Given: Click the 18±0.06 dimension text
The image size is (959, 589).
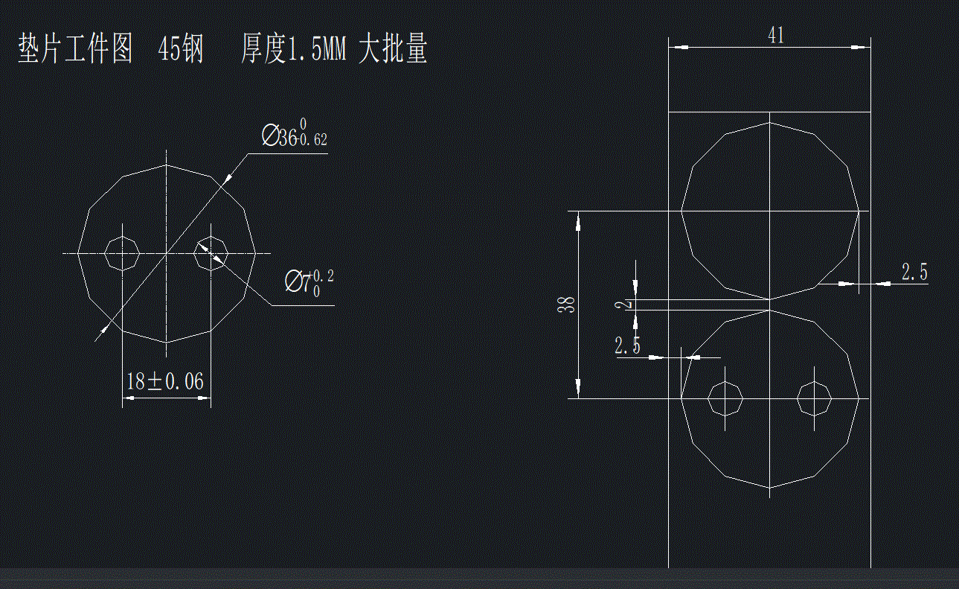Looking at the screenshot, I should [x=165, y=382].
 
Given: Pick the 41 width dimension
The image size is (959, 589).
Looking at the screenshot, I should [x=776, y=36].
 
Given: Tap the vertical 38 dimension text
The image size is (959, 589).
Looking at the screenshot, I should [x=568, y=305].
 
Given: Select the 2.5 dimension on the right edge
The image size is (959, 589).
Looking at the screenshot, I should [x=914, y=273].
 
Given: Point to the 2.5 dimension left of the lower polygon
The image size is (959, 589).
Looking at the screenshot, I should [x=627, y=346].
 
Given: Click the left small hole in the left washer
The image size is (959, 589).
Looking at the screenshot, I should [x=121, y=253].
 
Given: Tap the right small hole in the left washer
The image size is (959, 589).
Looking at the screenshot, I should [x=211, y=253].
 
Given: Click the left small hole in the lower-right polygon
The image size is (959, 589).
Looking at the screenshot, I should [x=725, y=399].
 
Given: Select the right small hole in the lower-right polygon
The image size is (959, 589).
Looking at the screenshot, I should [x=814, y=399].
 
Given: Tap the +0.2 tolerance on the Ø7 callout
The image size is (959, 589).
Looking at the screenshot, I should [x=323, y=276].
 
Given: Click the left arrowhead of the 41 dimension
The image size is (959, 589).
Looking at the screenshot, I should [x=678, y=47].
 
